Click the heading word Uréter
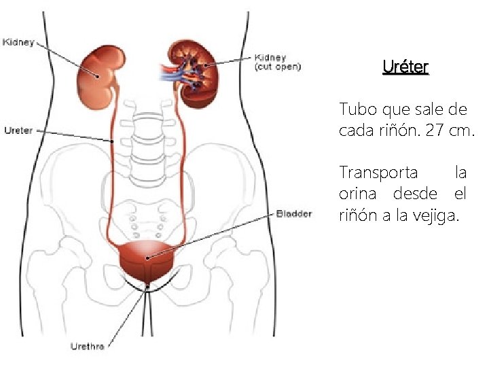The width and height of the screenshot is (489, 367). (x=405, y=67)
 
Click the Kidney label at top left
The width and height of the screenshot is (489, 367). (x=18, y=42)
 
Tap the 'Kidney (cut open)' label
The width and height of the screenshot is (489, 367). (x=277, y=63)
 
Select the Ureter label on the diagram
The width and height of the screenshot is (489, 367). (x=18, y=130)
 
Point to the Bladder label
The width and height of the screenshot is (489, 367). (x=293, y=214)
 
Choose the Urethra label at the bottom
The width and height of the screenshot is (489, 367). (x=88, y=347)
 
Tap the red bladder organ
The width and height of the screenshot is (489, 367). (x=147, y=262)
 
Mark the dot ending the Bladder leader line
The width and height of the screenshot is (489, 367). (x=147, y=258)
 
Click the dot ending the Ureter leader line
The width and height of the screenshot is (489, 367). (x=112, y=141)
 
